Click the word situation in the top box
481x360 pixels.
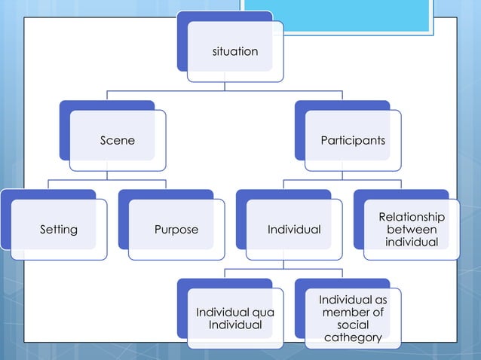pyautogui.click(x=235, y=51)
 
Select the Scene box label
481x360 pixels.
pyautogui.click(x=118, y=140)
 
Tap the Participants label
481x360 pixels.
pyautogui.click(x=353, y=140)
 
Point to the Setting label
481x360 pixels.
pyautogui.click(x=59, y=229)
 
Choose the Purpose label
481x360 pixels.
pyautogui.click(x=176, y=229)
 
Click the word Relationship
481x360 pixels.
pyautogui.click(x=412, y=218)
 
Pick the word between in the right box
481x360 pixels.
pyautogui.click(x=412, y=230)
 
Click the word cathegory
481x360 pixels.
pyautogui.click(x=353, y=337)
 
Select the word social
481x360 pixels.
pyautogui.click(x=353, y=325)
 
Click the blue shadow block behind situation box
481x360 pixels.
pyautogui.click(x=182, y=45)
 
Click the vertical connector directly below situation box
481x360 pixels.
pyautogui.click(x=225, y=87)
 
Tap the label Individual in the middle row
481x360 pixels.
pyautogui.click(x=294, y=229)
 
